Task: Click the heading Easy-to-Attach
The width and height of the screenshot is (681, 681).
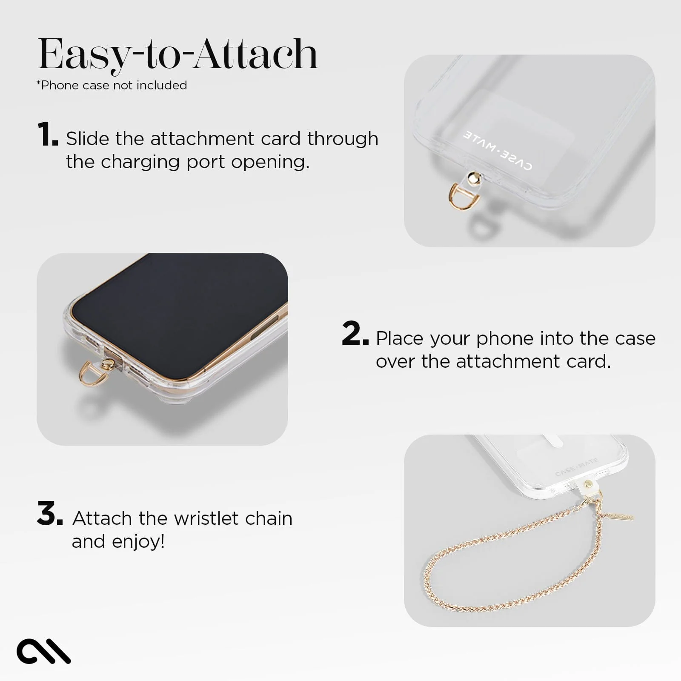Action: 178,54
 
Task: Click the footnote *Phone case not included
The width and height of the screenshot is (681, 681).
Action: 112,85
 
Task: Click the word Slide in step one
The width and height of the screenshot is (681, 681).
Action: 87,139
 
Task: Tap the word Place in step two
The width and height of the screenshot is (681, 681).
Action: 401,338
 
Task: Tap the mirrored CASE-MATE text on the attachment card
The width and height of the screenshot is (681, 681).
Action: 497,150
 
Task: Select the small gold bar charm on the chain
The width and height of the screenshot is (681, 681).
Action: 619,516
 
